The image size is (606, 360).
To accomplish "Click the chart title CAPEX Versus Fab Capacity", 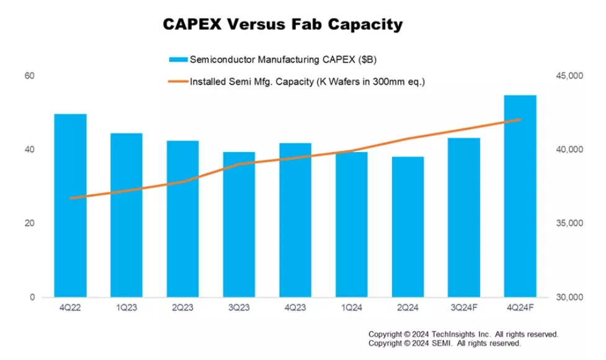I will (282, 25).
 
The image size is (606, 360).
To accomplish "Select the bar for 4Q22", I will (70, 205).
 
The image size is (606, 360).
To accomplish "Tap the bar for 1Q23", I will (127, 215).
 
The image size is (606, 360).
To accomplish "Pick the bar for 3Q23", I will (239, 224).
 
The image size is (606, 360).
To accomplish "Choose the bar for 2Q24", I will (408, 227).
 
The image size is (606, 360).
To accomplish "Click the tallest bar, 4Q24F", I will (520, 196).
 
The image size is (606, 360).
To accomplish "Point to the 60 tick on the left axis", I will (29, 76).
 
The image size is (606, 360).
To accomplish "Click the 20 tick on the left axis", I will (29, 223).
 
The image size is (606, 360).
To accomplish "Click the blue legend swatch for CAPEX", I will (177, 60).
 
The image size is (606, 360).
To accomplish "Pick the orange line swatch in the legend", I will (177, 81).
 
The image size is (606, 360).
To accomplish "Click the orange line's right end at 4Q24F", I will (520, 120).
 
